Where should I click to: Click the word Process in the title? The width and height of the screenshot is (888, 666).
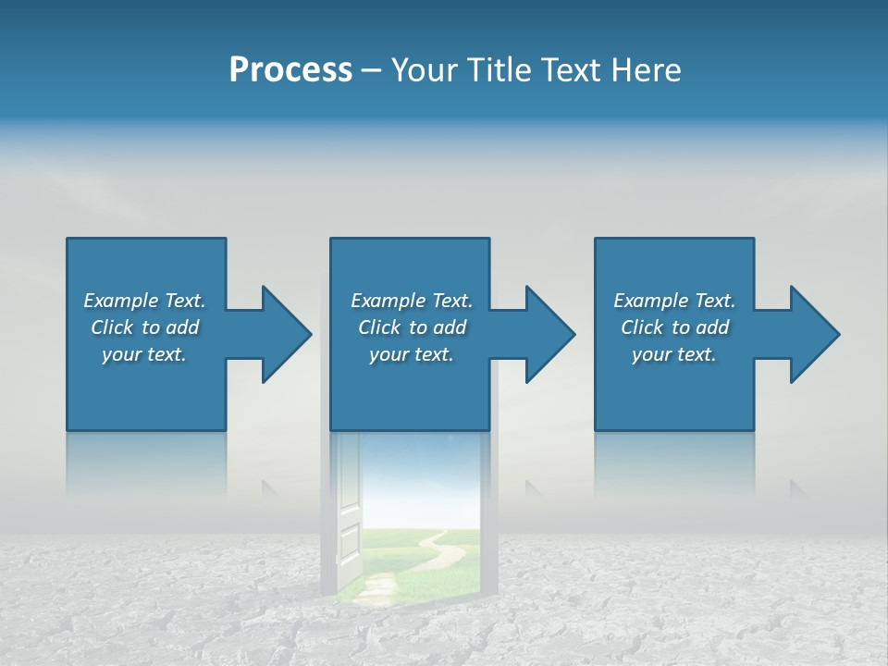[290, 70]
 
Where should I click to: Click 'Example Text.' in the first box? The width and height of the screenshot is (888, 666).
[144, 301]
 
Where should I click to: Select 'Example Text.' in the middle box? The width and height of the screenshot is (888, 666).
[412, 301]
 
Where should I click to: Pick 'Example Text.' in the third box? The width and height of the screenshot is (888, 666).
[674, 301]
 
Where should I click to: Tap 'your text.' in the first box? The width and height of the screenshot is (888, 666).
[144, 354]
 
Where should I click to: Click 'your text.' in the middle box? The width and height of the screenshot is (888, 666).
[412, 354]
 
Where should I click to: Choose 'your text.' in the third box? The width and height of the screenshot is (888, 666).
[674, 354]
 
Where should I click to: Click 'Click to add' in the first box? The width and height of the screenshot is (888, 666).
[144, 327]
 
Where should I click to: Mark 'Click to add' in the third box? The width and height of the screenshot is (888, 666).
[674, 327]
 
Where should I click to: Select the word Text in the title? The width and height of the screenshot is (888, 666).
[568, 70]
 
